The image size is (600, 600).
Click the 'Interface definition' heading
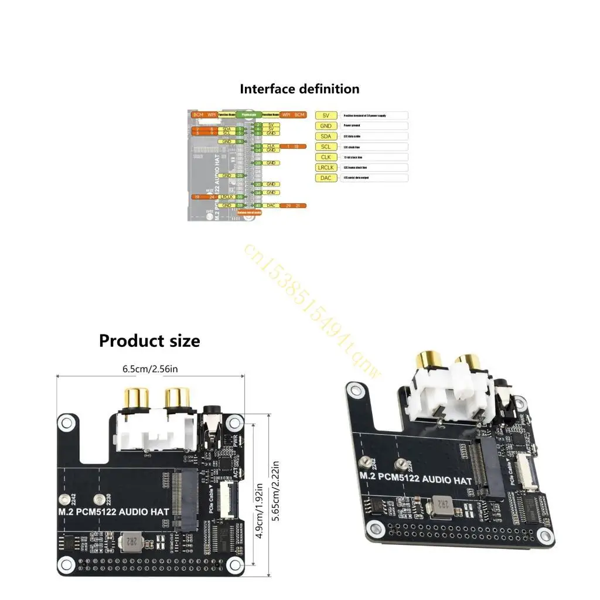click(299, 89)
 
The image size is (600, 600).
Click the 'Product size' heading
click(149, 340)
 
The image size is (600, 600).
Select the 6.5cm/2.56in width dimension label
click(150, 369)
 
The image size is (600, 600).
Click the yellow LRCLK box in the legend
click(326, 167)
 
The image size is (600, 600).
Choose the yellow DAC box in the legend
click(326, 178)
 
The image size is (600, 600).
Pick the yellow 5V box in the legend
click(326, 115)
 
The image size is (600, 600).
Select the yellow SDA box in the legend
click(326, 136)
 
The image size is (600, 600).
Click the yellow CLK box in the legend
click(326, 157)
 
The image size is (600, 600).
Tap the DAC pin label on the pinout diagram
click(271, 206)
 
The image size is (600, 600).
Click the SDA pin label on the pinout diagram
click(227, 129)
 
